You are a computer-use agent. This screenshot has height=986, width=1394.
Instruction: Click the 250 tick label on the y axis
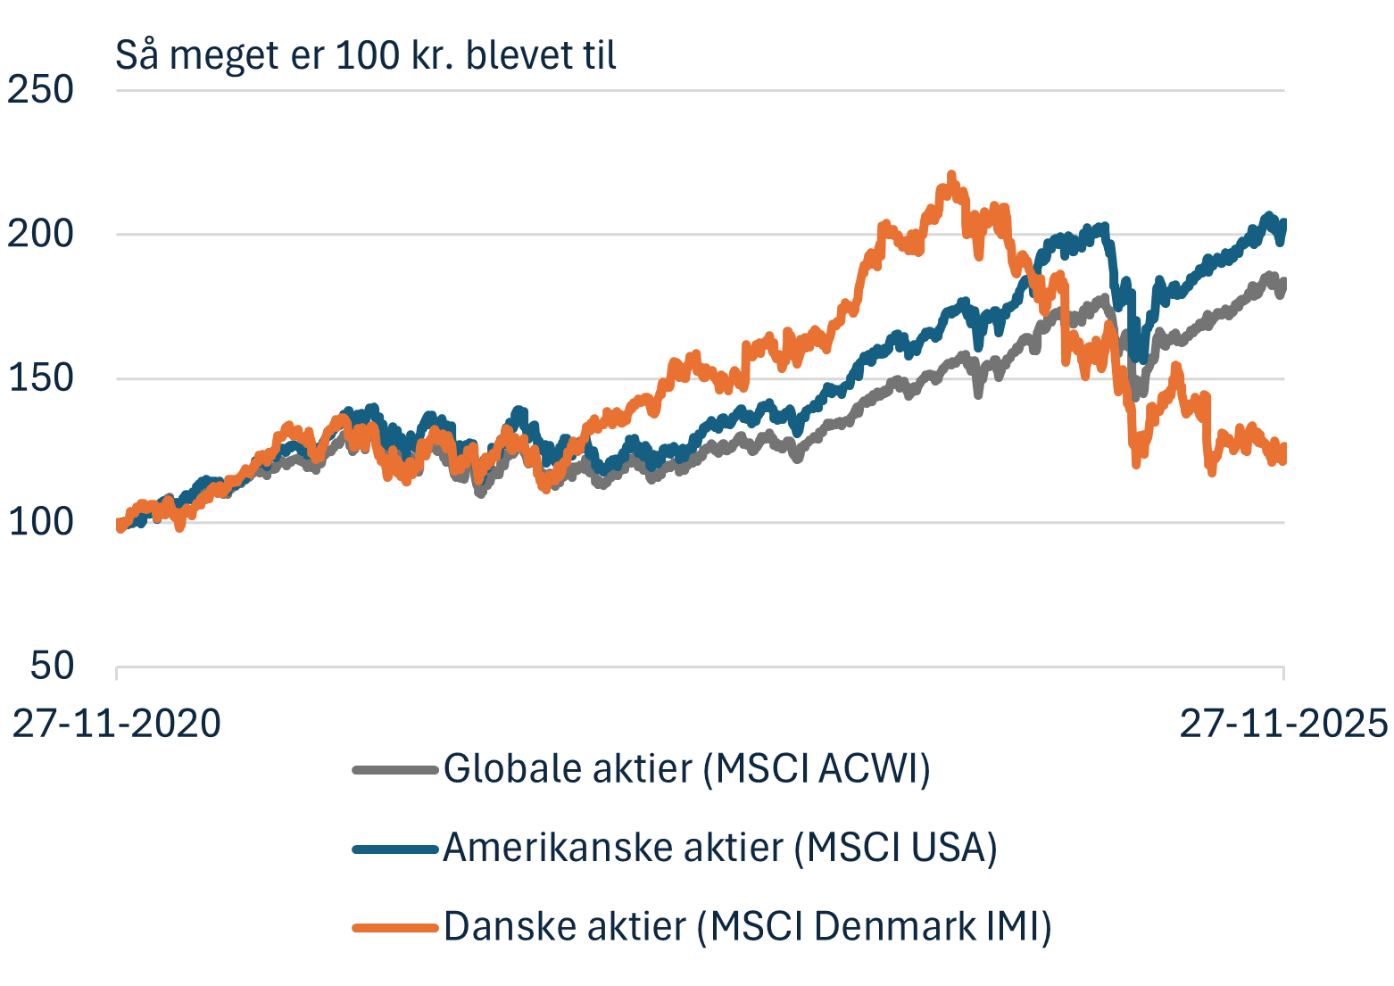point(41,90)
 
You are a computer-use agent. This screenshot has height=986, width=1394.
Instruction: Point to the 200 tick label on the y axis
point(41,234)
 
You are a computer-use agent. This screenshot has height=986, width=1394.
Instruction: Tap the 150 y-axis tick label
point(41,378)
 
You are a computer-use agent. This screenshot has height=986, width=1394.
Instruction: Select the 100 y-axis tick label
point(41,522)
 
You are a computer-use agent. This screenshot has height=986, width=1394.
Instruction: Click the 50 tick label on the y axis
point(53,666)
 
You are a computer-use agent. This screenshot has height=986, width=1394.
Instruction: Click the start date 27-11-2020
point(116,723)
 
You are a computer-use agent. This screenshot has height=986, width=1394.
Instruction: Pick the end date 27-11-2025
point(1283,723)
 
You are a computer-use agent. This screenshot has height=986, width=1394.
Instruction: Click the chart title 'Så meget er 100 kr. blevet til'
point(366,55)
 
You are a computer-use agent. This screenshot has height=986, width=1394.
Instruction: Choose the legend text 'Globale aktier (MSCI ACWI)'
point(686,768)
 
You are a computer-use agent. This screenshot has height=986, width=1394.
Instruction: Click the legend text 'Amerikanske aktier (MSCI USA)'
point(719,847)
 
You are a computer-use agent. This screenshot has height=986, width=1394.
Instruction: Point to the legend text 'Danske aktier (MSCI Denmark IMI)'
point(747,926)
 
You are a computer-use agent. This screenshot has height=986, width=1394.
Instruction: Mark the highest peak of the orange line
point(951,175)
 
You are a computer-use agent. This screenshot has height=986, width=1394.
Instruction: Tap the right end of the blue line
point(1283,228)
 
